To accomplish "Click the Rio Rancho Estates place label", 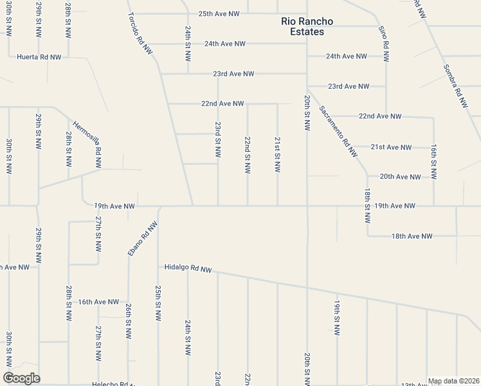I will (307, 26).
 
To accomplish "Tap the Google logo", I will (21, 378).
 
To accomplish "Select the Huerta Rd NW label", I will (39, 57).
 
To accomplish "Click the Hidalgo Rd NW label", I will (188, 268).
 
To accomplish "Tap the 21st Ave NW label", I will (391, 147).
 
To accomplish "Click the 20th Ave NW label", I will (400, 176).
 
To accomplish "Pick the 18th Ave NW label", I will (412, 236).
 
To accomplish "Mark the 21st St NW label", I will (277, 154).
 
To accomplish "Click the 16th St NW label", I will (434, 161).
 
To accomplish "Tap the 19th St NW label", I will (336, 318).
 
